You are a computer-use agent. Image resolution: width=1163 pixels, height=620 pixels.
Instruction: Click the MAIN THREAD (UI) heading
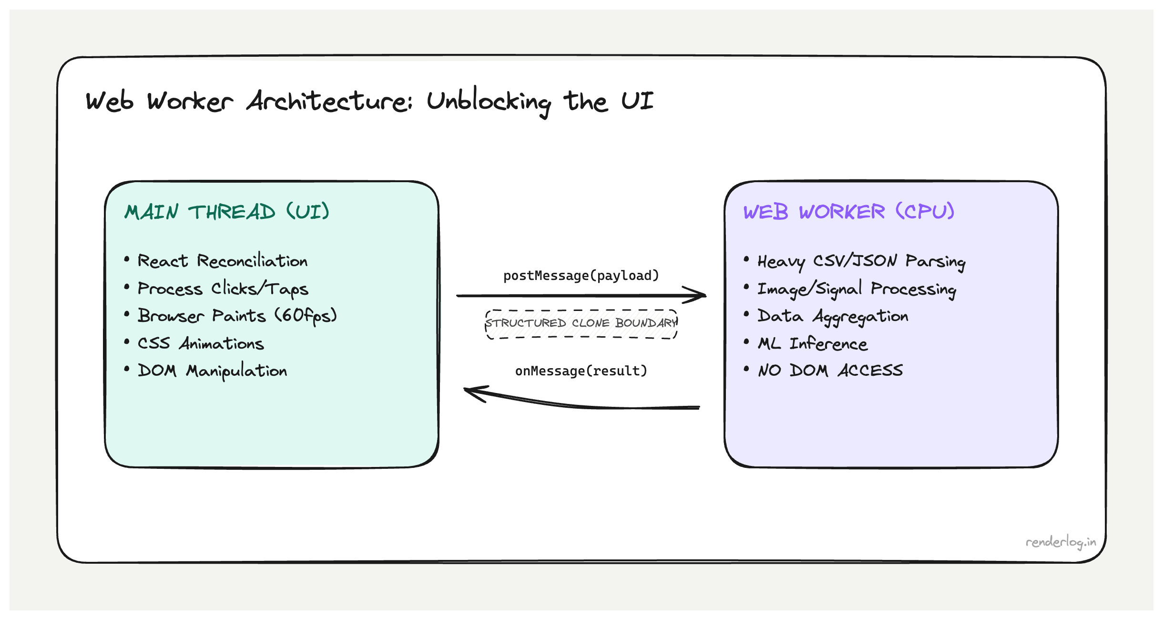227,212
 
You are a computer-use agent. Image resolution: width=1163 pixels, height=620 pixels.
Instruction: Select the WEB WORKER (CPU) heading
848,212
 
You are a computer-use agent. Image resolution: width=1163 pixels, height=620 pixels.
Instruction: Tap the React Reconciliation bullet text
223,261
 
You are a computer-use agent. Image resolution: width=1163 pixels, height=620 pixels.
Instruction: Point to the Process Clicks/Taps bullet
223,289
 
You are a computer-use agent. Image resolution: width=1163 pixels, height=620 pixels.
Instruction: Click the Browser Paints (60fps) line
237,316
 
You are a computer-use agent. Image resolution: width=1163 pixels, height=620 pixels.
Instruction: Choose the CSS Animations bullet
201,343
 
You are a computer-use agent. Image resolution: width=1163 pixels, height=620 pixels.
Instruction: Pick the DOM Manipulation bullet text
212,371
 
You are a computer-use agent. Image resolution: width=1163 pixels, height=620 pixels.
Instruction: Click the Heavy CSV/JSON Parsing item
861,261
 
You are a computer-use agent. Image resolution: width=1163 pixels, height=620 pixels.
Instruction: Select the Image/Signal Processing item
857,289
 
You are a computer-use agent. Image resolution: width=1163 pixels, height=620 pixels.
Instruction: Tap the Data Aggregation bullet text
833,316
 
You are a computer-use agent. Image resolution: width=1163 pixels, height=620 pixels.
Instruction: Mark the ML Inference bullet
813,344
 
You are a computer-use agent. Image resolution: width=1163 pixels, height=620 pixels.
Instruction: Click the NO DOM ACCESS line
830,371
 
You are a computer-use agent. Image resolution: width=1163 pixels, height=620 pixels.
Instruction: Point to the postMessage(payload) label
581,276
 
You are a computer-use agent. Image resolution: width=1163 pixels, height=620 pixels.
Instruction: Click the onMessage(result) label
581,371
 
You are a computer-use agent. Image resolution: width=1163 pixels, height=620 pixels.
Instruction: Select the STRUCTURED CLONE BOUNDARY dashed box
581,324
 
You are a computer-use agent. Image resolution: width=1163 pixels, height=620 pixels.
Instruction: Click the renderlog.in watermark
1061,542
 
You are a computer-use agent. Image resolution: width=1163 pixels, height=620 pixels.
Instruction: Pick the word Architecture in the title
329,102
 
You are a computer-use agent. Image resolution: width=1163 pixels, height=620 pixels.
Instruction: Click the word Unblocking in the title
489,102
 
